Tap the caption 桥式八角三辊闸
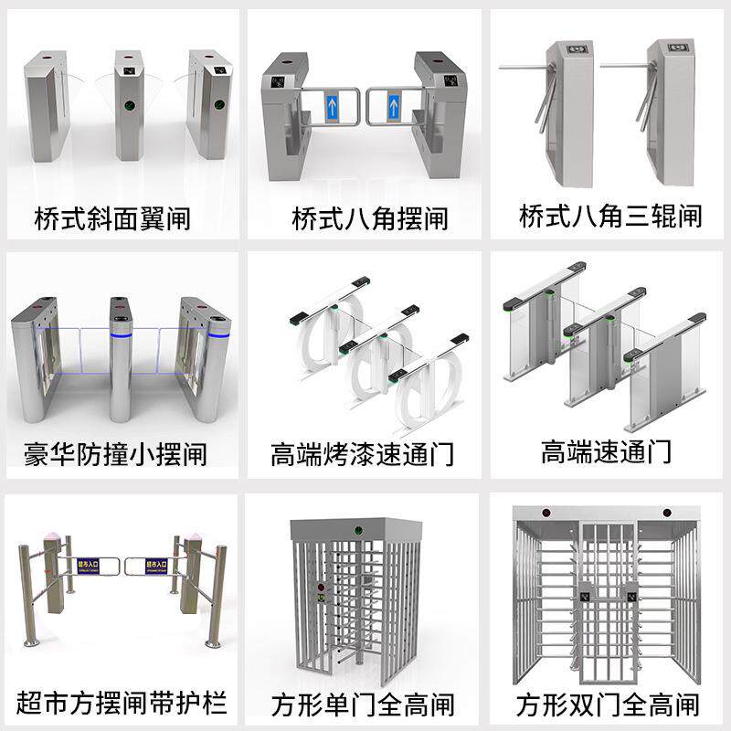[x=610, y=217]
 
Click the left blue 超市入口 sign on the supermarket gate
[x=88, y=566]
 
